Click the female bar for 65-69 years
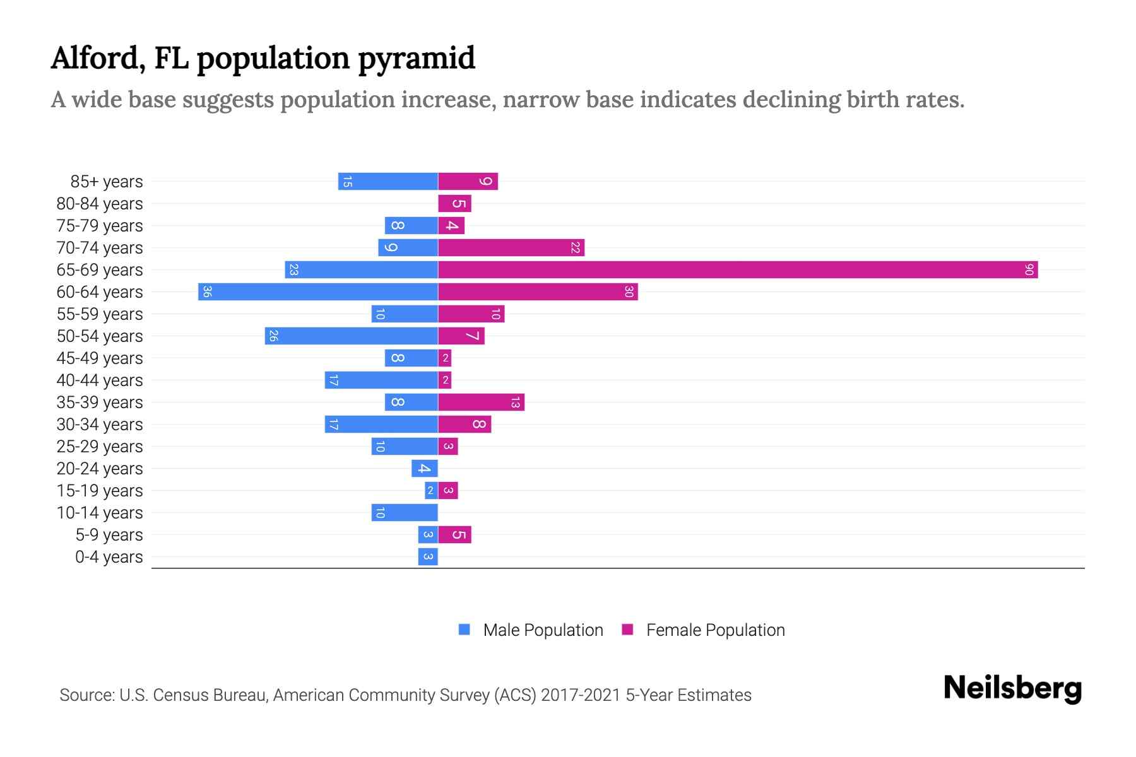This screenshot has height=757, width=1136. pos(738,270)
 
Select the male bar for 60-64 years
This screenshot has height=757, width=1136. pos(318,292)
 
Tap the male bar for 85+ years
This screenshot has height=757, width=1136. pos(388,182)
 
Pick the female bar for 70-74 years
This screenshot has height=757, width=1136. pos(511,248)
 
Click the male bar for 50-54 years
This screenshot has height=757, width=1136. pos(352,336)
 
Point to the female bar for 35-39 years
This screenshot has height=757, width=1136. pos(481,402)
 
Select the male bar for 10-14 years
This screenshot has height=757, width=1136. pos(405,513)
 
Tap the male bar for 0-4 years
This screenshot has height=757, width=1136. pos(428,557)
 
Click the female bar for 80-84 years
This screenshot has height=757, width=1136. pos(454,204)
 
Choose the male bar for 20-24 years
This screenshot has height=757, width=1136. pos(425,469)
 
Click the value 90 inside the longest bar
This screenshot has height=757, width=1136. pos(1029,270)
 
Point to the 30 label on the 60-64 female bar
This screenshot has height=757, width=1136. pos(629,292)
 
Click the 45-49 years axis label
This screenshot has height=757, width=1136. pos(100,358)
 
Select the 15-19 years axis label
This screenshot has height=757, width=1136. pos(100,491)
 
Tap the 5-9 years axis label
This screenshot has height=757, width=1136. pos(109,535)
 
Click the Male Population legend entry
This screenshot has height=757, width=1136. pos(542,630)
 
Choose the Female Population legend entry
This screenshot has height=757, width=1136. pos(714,630)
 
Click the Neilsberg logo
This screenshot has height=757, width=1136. pos(1012,688)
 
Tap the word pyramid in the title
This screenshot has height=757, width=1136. pos(416,59)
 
